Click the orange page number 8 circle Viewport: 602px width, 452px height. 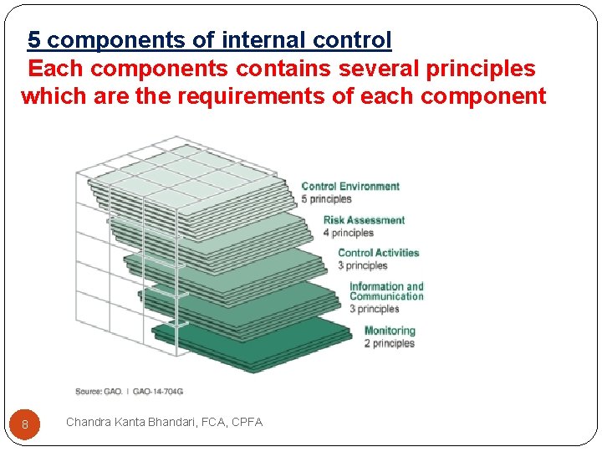[25, 424]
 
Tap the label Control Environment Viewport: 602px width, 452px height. [350, 187]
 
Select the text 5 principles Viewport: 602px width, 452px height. [326, 199]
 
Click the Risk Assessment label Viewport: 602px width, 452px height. [364, 220]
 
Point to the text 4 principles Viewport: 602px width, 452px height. [348, 233]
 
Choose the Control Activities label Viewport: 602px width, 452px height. [378, 253]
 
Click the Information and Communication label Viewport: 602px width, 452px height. [386, 291]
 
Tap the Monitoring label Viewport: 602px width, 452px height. [390, 331]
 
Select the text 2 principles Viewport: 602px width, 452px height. [389, 343]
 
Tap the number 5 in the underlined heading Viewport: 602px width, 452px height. [34, 39]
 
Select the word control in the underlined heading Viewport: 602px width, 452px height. [352, 39]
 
